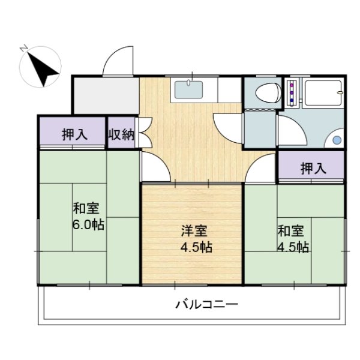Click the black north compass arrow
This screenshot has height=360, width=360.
[x=43, y=69]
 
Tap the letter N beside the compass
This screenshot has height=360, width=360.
[x=23, y=49]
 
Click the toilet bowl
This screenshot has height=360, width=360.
[x=268, y=93]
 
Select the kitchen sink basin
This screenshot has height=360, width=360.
[x=188, y=89]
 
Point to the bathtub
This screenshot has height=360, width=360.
[x=323, y=93]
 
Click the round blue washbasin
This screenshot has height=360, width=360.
[x=337, y=140]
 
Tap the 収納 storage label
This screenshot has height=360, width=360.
[x=121, y=134]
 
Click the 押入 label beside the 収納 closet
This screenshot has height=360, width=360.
[x=75, y=134]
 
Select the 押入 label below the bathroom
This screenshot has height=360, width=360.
[x=313, y=168]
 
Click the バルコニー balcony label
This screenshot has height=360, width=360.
[x=206, y=304]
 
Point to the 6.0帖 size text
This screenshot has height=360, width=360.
[x=88, y=224]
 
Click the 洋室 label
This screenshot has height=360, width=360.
[x=194, y=230]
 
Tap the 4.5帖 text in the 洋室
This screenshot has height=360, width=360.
[x=196, y=247]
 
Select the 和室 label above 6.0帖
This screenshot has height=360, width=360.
[x=86, y=208]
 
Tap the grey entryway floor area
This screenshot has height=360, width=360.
[x=106, y=95]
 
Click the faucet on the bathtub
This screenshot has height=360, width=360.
[x=340, y=92]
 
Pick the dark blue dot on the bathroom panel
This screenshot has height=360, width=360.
[x=292, y=100]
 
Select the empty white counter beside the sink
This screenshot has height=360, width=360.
[x=229, y=90]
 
